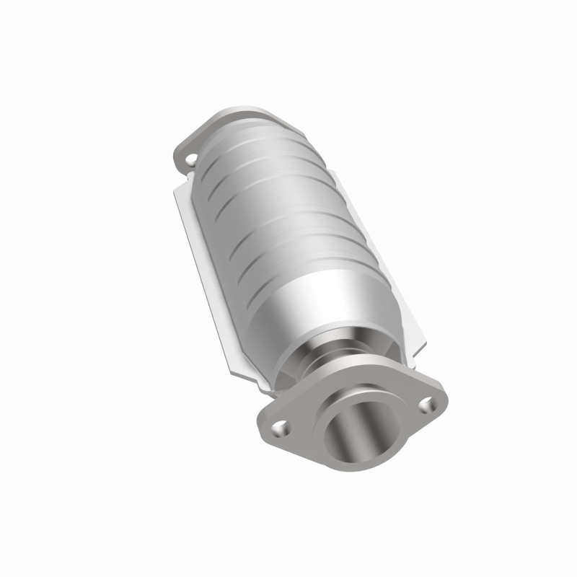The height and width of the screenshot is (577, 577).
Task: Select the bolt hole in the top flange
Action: tap(189, 154)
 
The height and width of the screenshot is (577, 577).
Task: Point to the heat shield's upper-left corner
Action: tap(176, 186)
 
